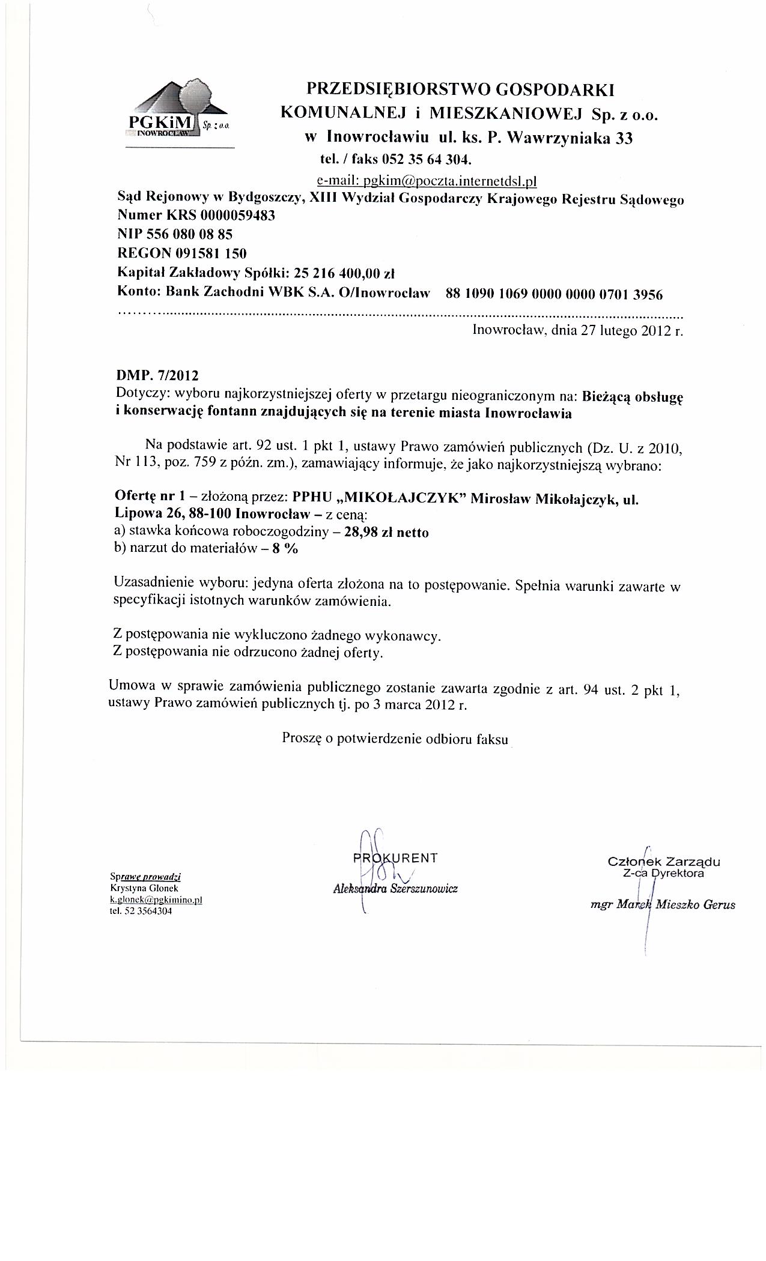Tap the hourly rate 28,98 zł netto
pyautogui.click(x=386, y=533)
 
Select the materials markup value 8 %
pyautogui.click(x=285, y=549)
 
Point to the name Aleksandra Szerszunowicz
pyautogui.click(x=395, y=889)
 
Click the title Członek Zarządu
pyautogui.click(x=664, y=862)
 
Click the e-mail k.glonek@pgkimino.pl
pyautogui.click(x=156, y=900)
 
